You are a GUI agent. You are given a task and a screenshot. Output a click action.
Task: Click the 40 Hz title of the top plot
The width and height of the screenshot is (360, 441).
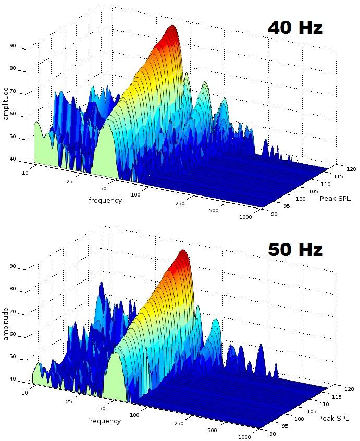(295, 27)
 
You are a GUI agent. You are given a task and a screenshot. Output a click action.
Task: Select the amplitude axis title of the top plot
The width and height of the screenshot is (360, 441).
(6, 103)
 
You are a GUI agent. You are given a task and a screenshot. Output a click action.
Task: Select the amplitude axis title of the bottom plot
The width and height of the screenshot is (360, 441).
(6, 324)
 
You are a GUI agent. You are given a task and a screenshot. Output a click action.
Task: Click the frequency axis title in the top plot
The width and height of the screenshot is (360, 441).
(105, 200)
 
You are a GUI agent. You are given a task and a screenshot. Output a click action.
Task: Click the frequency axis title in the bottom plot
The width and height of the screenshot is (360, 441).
(104, 421)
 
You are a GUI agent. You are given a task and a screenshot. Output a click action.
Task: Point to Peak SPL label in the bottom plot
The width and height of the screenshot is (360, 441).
(333, 418)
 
